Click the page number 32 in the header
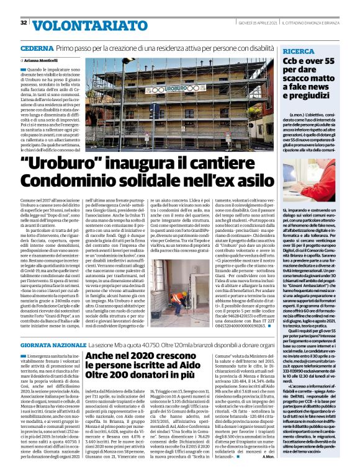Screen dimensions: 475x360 point(24,23)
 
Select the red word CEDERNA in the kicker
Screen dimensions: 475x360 point(36,48)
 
